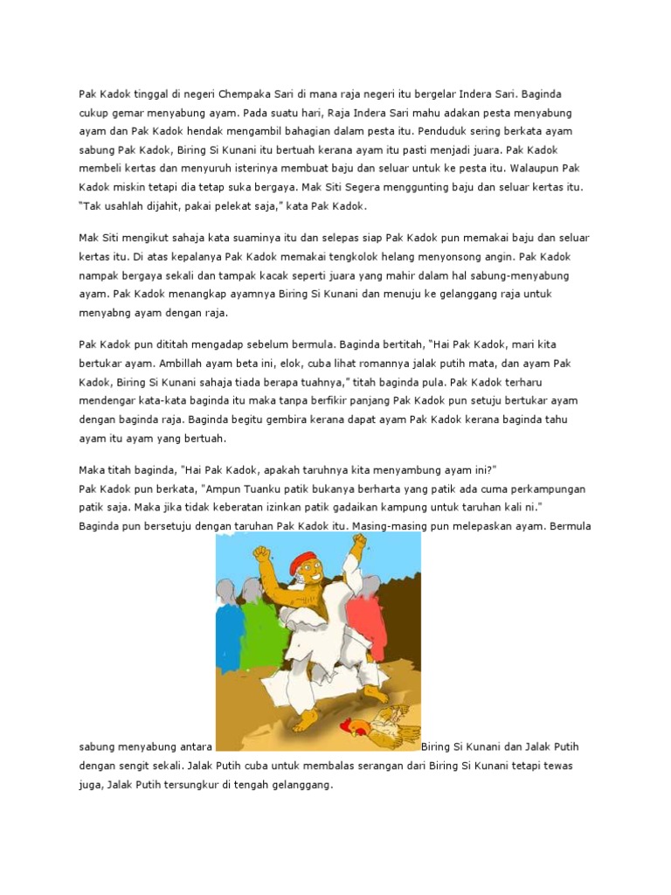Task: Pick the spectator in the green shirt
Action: click(x=259, y=629)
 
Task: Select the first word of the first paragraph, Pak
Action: click(x=87, y=94)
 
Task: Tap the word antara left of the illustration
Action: click(x=190, y=747)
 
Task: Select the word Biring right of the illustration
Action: click(x=437, y=747)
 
